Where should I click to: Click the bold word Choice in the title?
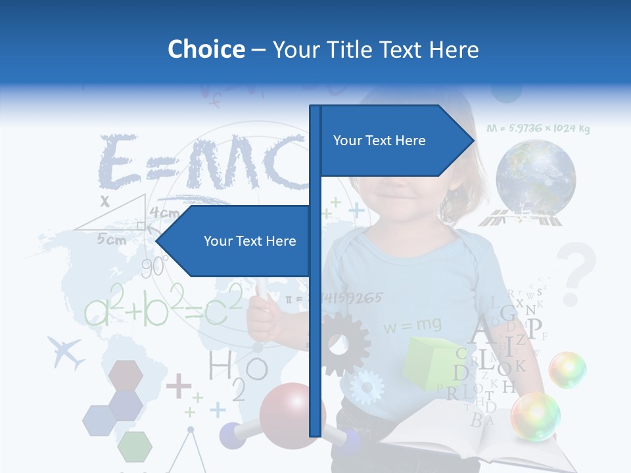click(206, 49)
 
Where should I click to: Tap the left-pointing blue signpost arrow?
click(237, 241)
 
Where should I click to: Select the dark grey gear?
click(339, 344)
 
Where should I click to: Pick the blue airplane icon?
click(66, 353)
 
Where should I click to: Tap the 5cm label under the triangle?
click(112, 240)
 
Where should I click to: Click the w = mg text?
click(413, 325)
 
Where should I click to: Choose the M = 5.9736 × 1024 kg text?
click(538, 128)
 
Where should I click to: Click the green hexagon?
click(135, 446)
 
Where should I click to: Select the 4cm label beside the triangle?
click(164, 213)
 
